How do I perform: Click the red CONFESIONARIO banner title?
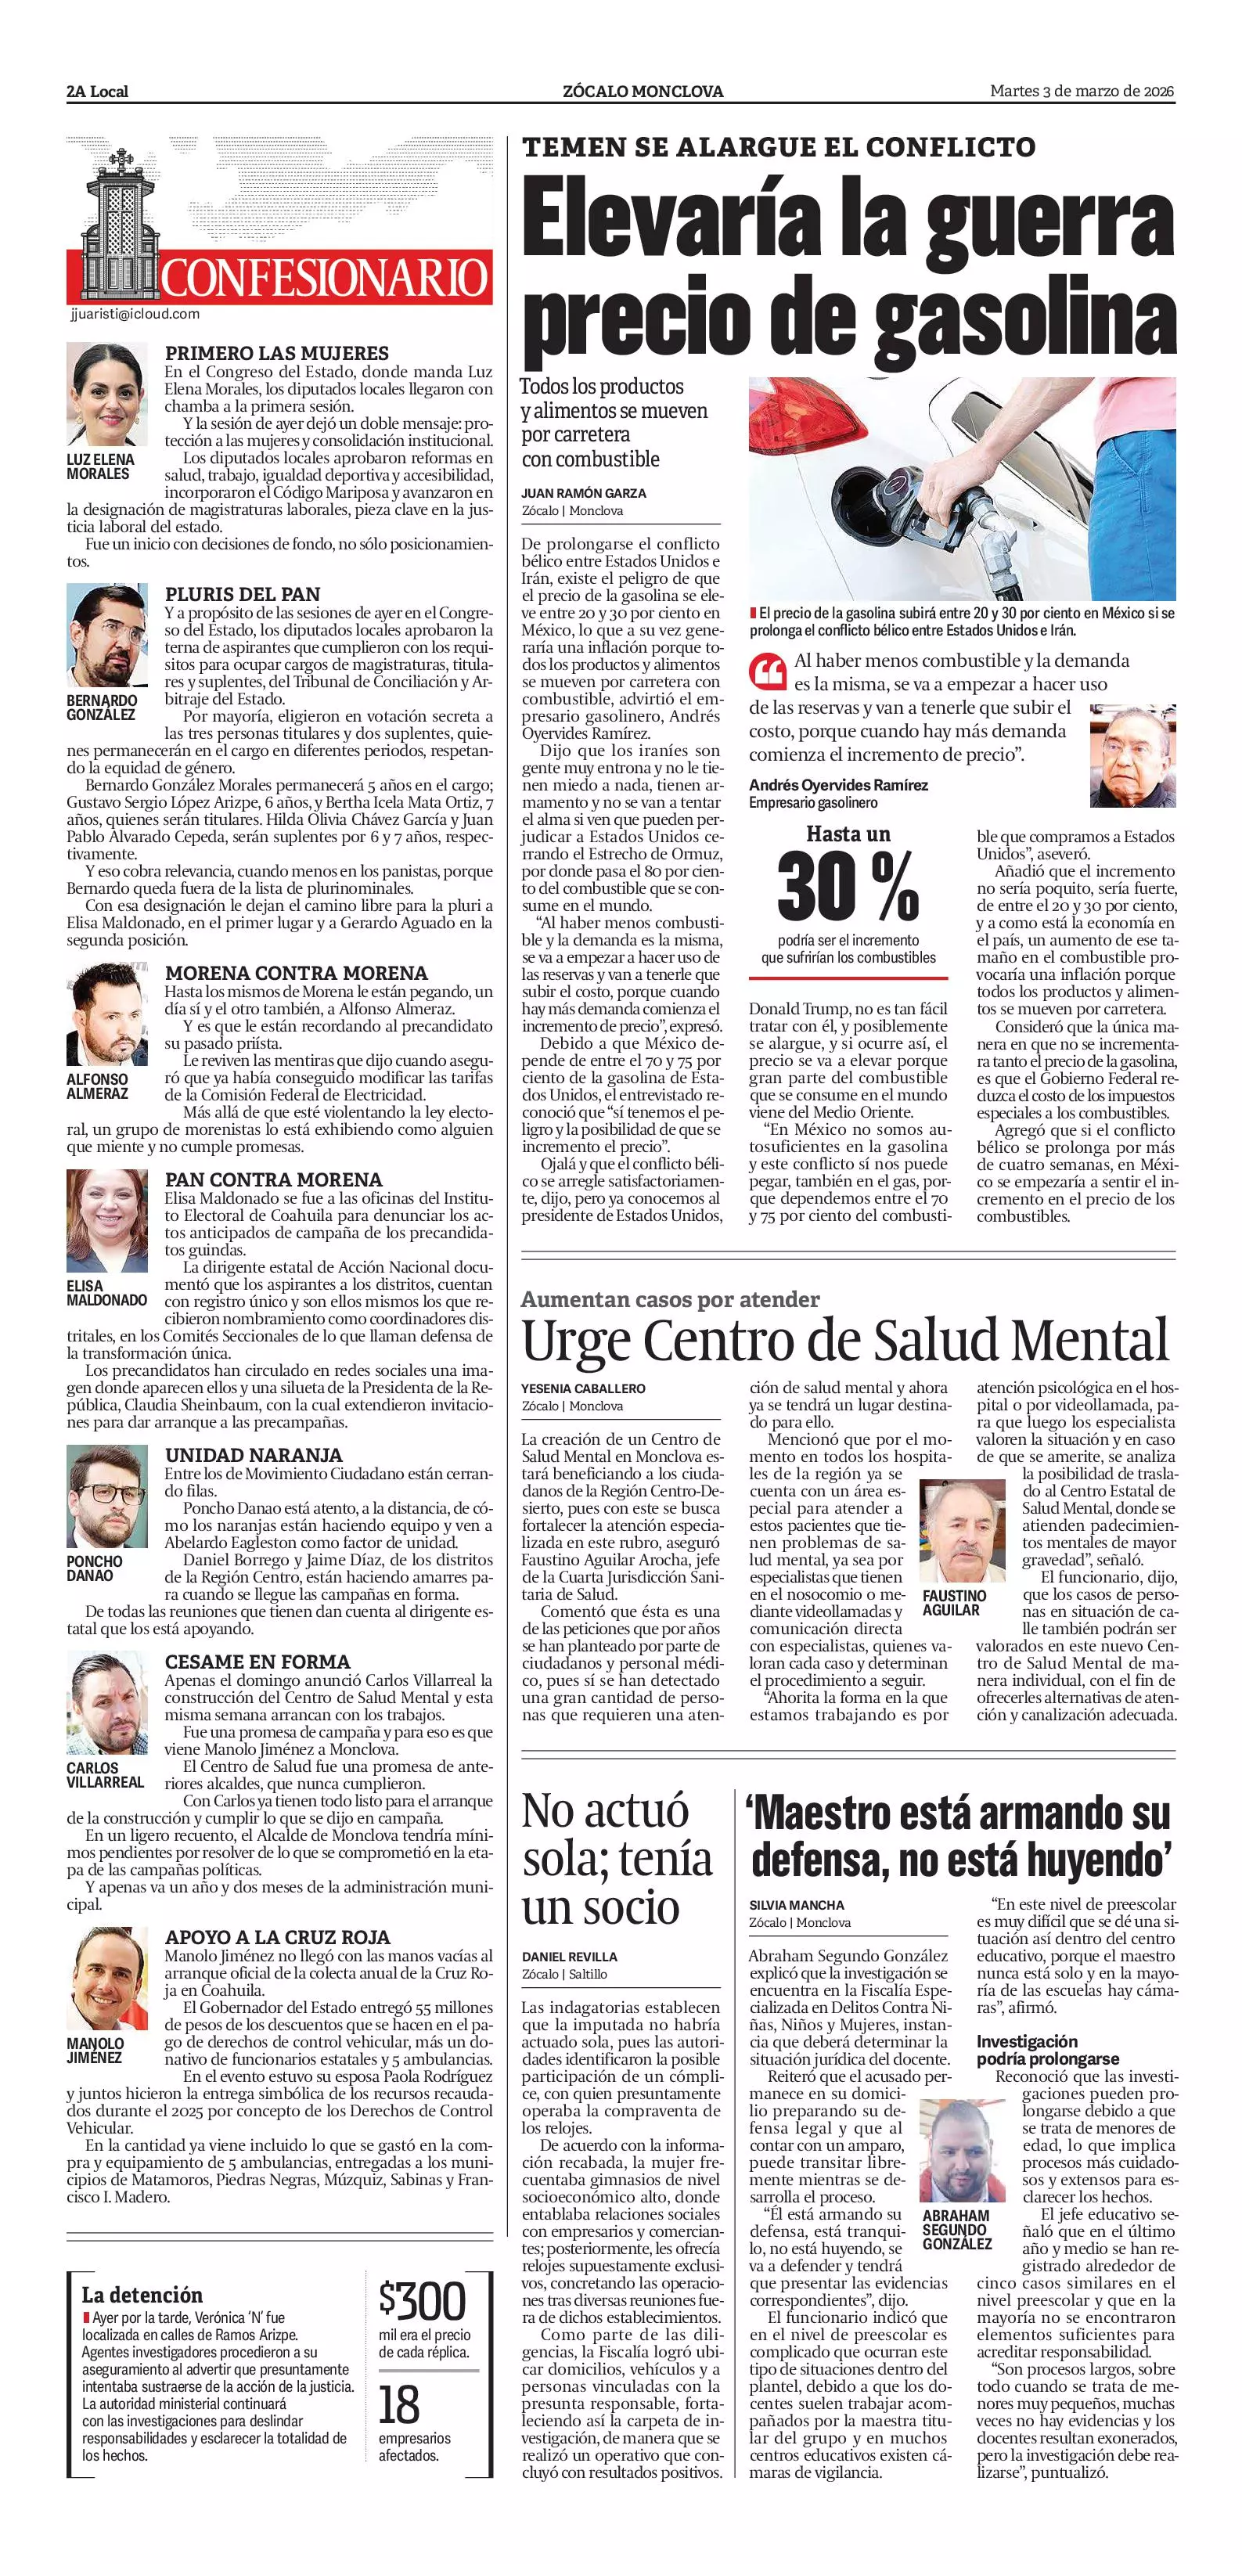click(x=325, y=278)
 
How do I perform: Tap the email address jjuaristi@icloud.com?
click(x=135, y=314)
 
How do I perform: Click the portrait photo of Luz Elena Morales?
click(x=107, y=396)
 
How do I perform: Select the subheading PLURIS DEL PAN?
click(x=243, y=594)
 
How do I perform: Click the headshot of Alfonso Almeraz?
click(x=107, y=1015)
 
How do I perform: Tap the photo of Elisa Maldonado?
click(x=107, y=1221)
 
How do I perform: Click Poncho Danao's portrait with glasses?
click(x=107, y=1496)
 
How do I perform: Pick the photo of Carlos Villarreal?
click(x=107, y=1704)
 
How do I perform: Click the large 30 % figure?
click(x=848, y=886)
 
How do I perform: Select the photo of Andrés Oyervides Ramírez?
click(x=1132, y=757)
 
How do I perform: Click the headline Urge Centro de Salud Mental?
click(x=846, y=1341)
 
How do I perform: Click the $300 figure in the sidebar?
click(x=423, y=2300)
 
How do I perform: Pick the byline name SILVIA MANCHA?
click(x=796, y=1904)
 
